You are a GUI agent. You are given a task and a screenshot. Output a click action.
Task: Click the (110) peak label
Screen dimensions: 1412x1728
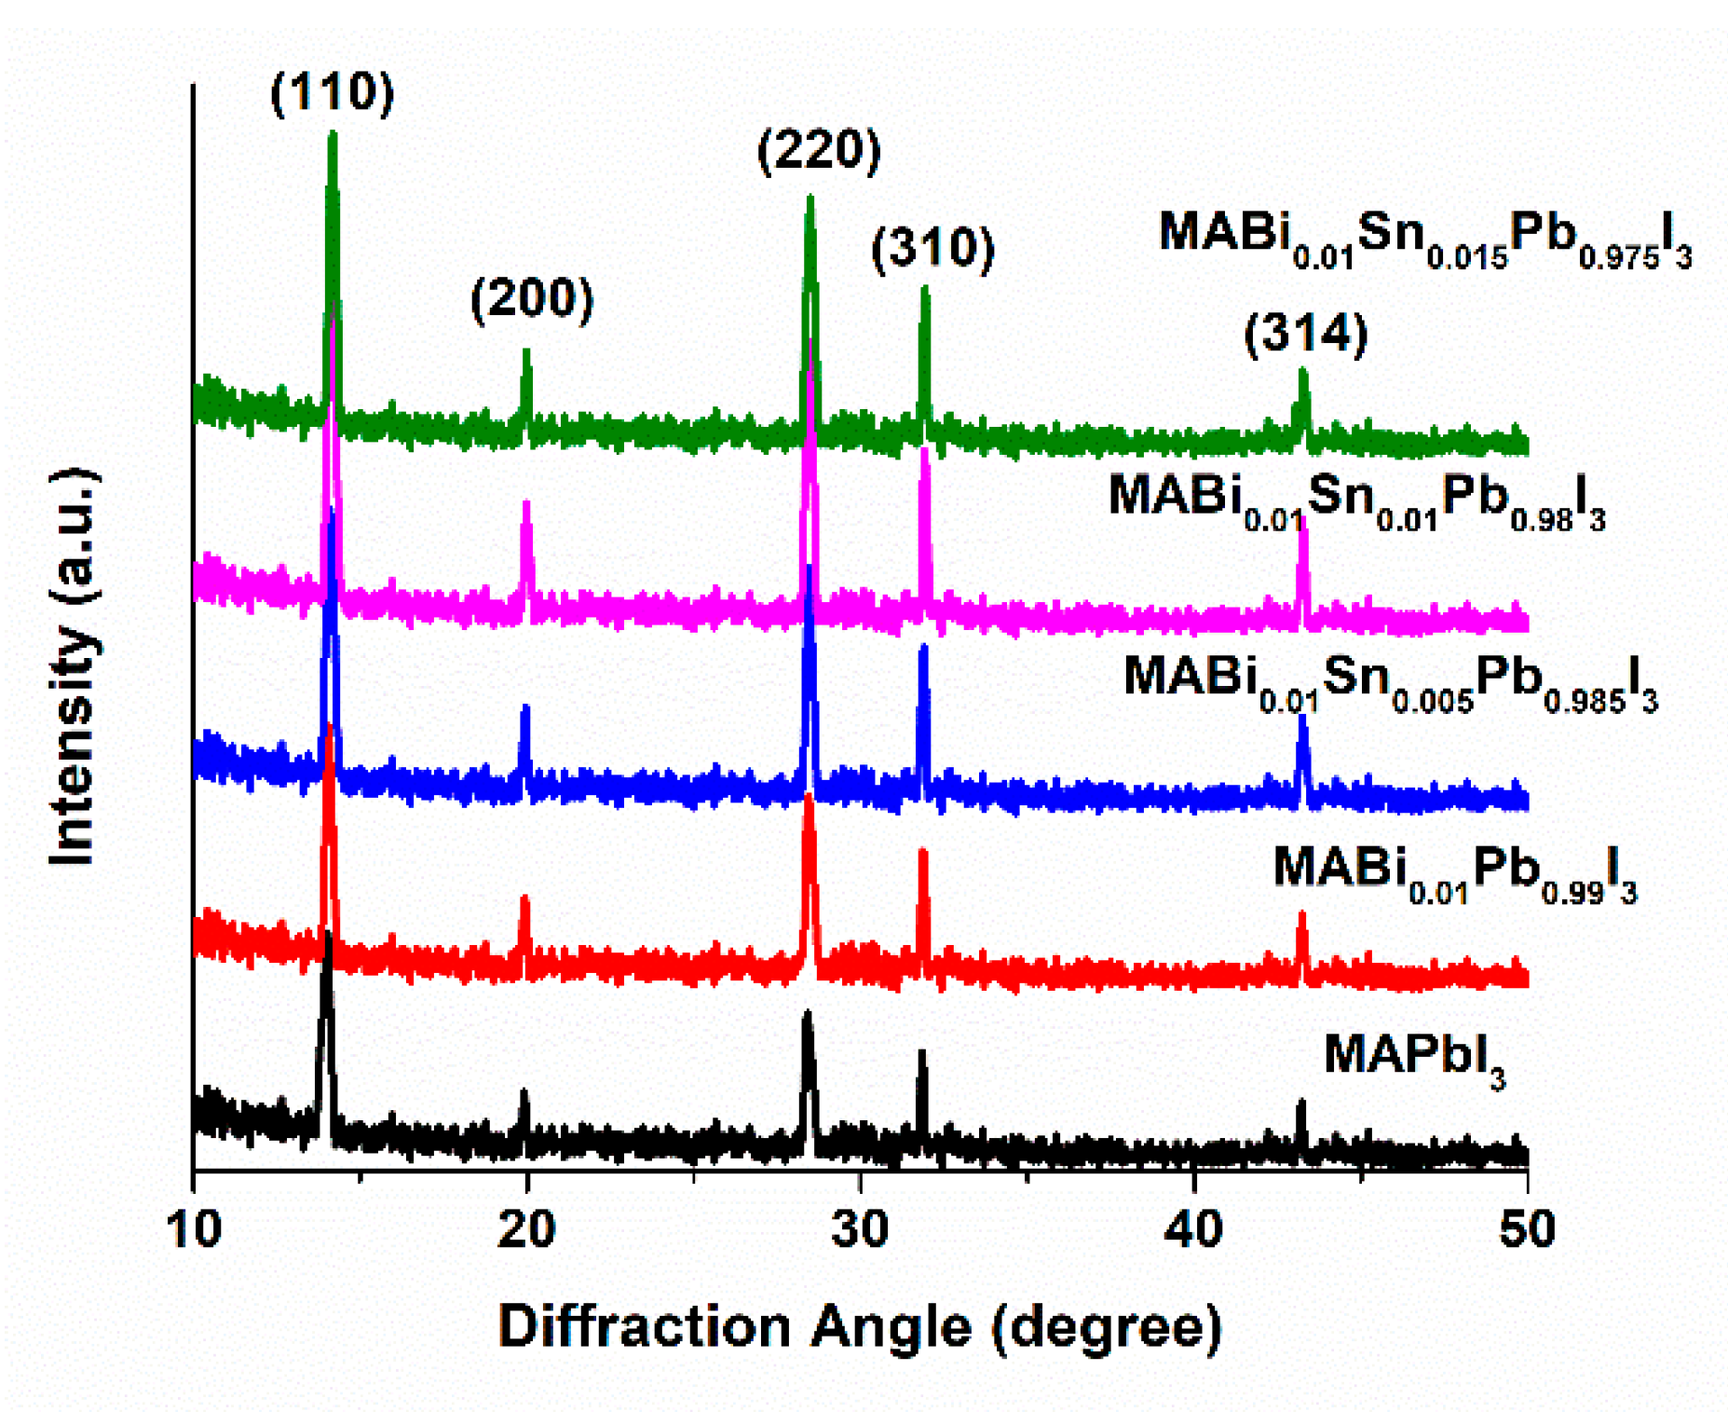(332, 93)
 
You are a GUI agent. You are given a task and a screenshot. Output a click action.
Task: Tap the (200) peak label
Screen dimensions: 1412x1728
(531, 300)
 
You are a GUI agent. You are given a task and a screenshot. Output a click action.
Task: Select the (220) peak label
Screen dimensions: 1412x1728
(818, 150)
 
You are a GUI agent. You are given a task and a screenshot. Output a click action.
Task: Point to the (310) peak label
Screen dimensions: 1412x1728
(932, 249)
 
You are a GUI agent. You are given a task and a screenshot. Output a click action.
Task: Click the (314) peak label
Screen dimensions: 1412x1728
(1306, 333)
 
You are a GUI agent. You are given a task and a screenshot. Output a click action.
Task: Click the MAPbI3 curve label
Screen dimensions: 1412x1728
(1414, 1058)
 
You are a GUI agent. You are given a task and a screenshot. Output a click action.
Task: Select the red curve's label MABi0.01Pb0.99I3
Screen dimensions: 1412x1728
(1454, 872)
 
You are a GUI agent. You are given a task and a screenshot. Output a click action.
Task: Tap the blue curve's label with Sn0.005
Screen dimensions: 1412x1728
(1390, 680)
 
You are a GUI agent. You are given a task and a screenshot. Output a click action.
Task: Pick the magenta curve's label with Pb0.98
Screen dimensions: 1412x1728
(1356, 499)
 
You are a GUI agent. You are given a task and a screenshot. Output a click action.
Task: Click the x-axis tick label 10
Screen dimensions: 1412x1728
(195, 1229)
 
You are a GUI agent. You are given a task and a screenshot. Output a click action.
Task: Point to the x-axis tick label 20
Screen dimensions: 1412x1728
(526, 1229)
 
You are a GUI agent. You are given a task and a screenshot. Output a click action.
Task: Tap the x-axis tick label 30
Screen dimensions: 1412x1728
(860, 1229)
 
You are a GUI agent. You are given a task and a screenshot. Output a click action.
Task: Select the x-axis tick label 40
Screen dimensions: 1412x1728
(1193, 1229)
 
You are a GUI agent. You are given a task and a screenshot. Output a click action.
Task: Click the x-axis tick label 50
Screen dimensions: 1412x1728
(1527, 1229)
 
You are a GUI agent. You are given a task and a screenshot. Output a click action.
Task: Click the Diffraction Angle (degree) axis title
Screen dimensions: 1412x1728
(859, 1325)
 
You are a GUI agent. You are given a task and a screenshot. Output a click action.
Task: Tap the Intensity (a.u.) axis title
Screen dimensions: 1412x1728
(75, 665)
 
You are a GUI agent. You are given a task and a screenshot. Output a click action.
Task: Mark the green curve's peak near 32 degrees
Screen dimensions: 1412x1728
(924, 291)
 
